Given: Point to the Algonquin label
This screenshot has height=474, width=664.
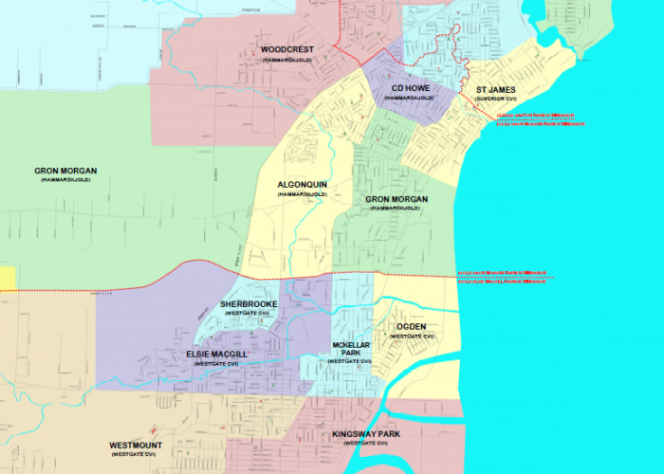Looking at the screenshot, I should (x=302, y=184).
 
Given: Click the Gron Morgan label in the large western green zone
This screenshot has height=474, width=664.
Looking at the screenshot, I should (x=65, y=171).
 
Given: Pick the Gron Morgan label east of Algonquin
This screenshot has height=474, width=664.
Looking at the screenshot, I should (x=397, y=199).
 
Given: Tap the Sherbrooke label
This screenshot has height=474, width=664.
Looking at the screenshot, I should (x=249, y=303).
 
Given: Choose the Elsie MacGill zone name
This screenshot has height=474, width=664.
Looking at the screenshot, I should (x=215, y=354).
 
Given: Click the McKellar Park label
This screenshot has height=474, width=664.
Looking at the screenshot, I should (x=349, y=348).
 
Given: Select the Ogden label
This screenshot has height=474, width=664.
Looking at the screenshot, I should (x=412, y=326).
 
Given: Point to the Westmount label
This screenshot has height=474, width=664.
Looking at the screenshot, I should (x=135, y=445).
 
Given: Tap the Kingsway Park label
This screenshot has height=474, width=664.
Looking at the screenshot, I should (x=366, y=434).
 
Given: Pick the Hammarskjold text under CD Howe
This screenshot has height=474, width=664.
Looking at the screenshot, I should (x=411, y=97).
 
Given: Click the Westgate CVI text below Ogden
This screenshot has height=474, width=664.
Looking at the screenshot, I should (x=412, y=337).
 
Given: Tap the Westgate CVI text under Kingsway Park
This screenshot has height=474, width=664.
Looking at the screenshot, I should (x=366, y=444).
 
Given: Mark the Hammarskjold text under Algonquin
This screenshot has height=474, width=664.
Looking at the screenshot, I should (x=302, y=193).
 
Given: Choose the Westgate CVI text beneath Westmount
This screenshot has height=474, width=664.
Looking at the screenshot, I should (x=135, y=455).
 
